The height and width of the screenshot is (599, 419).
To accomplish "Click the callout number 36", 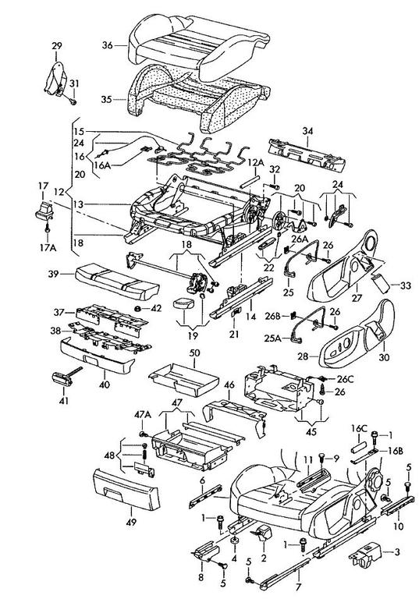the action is click(x=108, y=45).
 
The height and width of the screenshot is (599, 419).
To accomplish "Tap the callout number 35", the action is click(x=107, y=99).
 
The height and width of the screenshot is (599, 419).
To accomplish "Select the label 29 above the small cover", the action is click(x=57, y=46).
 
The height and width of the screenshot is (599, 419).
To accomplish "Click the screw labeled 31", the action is click(x=74, y=101).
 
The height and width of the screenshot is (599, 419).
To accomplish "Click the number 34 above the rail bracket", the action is click(x=307, y=131).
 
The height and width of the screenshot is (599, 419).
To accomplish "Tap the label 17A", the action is click(x=47, y=247).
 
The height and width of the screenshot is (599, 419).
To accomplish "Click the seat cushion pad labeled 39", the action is click(x=116, y=282).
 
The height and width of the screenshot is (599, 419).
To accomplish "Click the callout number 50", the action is click(x=194, y=353).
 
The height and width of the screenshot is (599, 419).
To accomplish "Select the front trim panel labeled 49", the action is click(x=126, y=491).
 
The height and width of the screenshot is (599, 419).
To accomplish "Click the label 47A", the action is click(x=143, y=415).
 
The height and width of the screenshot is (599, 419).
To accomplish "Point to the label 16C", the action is click(x=360, y=428).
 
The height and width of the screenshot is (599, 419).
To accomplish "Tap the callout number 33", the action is click(x=406, y=285).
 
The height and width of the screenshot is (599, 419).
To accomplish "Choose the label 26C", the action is click(x=345, y=379).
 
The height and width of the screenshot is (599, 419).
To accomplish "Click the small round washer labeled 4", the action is click(x=234, y=541).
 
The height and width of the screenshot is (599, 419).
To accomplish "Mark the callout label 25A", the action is click(x=272, y=338).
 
